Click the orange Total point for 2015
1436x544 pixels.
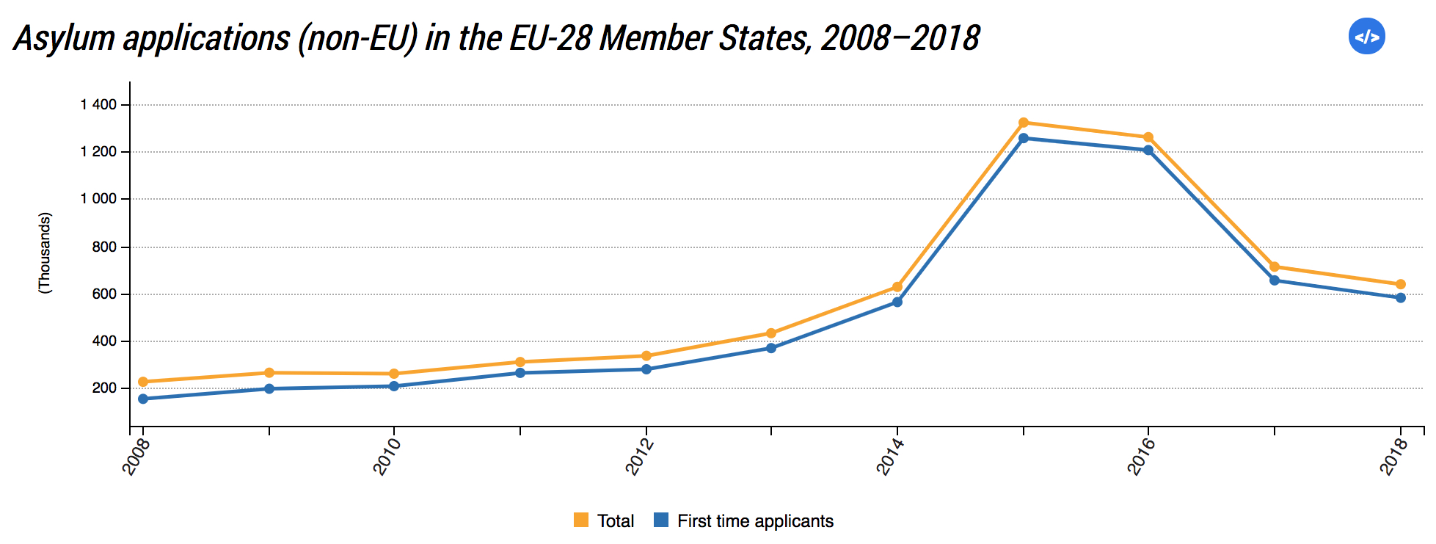(x=1024, y=123)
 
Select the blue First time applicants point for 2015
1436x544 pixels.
(x=1024, y=138)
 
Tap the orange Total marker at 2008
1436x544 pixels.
(x=143, y=382)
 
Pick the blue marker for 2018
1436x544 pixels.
(x=1401, y=297)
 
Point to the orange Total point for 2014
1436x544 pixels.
(x=897, y=287)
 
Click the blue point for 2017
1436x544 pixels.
(x=1275, y=280)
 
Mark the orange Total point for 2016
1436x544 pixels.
(x=1148, y=137)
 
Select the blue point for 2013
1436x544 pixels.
(x=771, y=348)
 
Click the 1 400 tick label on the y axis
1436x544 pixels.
(x=98, y=105)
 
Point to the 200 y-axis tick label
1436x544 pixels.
(x=104, y=388)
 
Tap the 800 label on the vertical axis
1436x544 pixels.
(x=104, y=247)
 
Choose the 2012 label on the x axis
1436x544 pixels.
(x=639, y=456)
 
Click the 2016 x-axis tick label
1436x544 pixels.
(x=1141, y=456)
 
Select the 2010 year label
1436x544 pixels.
(x=387, y=456)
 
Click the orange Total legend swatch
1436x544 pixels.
(x=581, y=521)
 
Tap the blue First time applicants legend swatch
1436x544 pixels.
(x=661, y=521)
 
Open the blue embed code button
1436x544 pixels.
(x=1366, y=37)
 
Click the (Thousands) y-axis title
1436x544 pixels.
(x=45, y=253)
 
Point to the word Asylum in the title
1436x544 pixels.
(x=65, y=38)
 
